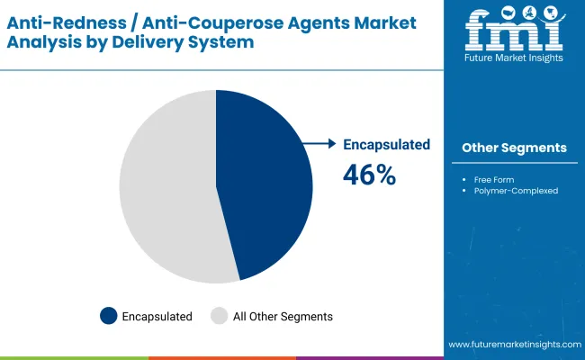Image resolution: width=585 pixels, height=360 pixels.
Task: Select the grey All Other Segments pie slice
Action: point(166,189)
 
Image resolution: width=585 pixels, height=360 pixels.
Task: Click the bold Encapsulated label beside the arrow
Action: point(387,144)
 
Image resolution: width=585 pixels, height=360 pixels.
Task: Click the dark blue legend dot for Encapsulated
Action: point(109,316)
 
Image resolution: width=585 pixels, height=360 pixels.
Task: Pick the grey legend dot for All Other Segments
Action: point(219,316)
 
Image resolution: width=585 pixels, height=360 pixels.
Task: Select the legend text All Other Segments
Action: point(283,317)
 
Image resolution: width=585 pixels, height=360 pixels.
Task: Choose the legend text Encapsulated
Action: point(157,317)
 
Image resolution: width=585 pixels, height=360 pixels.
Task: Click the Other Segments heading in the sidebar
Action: point(514,148)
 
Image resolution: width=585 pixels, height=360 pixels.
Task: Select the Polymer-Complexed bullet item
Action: point(516,191)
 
